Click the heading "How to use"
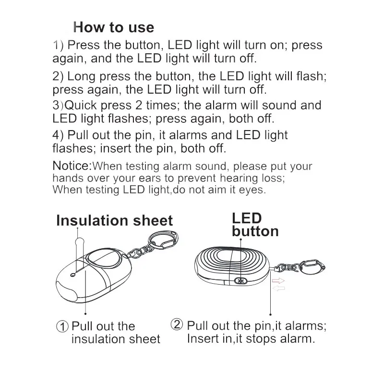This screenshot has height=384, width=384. tap(114, 27)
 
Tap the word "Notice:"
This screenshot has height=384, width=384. tap(72, 166)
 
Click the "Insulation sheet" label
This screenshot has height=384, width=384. tap(115, 220)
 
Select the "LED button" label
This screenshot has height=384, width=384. tap(255, 225)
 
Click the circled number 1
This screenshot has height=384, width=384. tap(62, 326)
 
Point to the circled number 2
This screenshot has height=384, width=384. tap(177, 324)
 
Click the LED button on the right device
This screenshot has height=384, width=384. tap(241, 281)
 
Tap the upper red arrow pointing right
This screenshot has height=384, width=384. tap(278, 281)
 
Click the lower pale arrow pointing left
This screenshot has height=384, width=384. tap(279, 288)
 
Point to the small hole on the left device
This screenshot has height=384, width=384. tap(72, 275)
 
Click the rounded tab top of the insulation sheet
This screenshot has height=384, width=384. tap(80, 241)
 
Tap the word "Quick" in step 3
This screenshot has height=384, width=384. tap(80, 105)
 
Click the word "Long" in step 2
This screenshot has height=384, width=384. tap(81, 76)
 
